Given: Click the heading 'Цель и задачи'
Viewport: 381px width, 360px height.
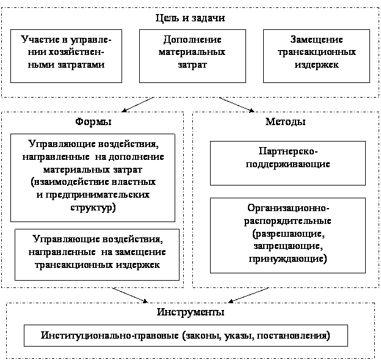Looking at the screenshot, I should point(191,18).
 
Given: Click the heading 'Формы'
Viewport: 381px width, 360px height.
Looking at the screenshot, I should point(93,122).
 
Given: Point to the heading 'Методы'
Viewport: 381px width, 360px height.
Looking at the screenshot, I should point(285,122).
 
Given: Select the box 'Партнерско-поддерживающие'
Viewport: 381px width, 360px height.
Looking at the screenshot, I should point(288,162).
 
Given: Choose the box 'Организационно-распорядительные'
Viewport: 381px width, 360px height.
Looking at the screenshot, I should point(288,235).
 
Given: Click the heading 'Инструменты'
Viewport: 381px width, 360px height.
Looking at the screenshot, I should point(190,312).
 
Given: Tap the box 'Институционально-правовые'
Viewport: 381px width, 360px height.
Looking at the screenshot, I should point(186,336).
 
